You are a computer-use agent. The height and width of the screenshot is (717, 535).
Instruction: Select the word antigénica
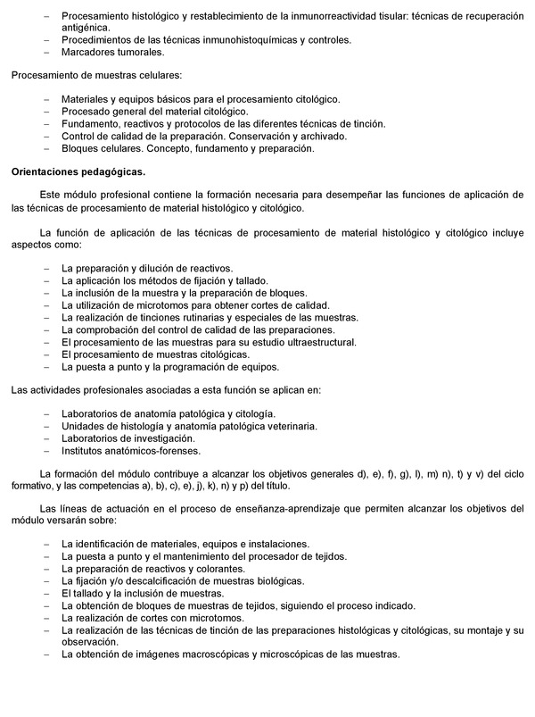tap(87, 28)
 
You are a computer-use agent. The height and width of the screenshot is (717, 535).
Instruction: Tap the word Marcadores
tap(89, 52)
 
